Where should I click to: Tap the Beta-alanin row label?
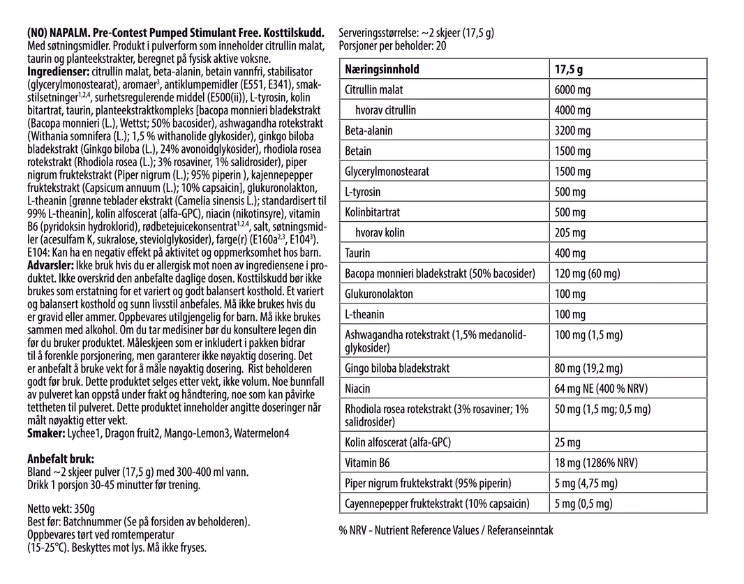coord(369,130)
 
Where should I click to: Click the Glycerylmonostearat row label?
coord(387,172)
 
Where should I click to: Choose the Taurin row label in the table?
coord(358,253)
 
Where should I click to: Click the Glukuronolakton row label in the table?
coord(379,294)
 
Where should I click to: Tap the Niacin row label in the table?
coord(358,388)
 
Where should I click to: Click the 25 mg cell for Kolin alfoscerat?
coord(566,442)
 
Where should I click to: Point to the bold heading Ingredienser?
coord(57,72)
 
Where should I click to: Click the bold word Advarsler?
coord(50,267)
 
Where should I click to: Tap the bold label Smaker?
coord(45,433)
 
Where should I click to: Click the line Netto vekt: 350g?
coord(61,509)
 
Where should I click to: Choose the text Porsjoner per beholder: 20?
coord(392,46)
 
